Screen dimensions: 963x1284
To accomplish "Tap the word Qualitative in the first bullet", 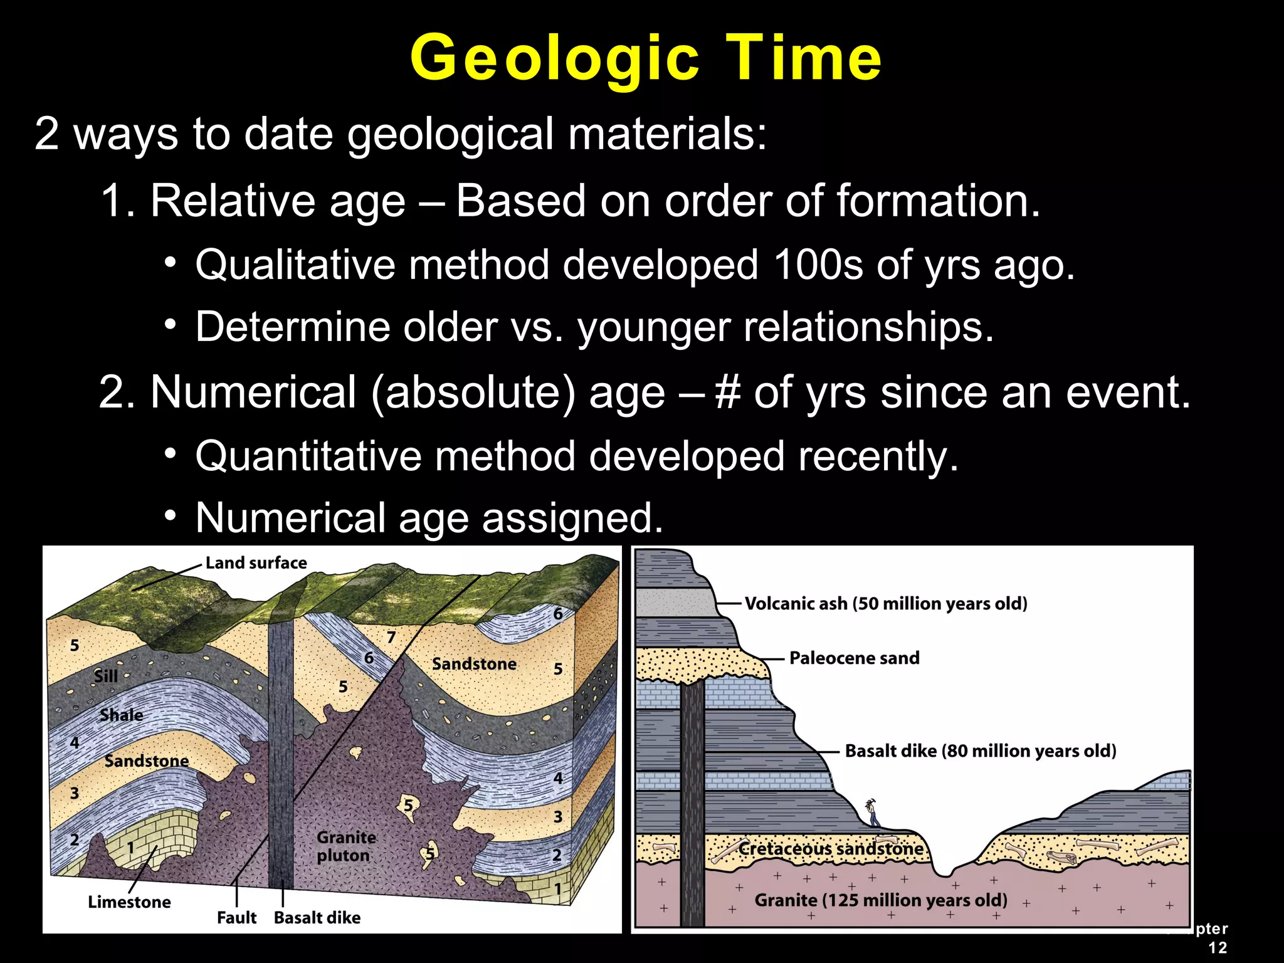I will point(295,265).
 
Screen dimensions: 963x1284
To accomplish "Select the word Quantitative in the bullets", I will point(308,456).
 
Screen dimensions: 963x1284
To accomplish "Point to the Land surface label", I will point(256,563).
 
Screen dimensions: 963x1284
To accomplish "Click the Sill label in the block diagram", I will point(105,676).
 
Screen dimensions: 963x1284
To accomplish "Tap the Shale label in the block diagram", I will point(121,715).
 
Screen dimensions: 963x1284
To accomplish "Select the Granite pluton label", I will point(345,846).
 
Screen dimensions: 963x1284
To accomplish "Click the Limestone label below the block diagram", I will point(129,902).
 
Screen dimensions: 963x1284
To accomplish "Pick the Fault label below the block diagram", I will point(236,918).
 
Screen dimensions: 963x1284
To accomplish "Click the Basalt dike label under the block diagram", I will point(317,918).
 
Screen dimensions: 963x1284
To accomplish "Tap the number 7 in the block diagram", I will point(391,638).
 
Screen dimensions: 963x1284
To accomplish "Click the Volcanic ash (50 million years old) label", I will point(886,604).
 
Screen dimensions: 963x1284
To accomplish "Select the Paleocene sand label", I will point(854,658).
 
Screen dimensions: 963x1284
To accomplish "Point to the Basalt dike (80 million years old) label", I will point(981,751).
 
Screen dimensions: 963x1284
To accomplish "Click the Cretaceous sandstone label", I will point(831,849).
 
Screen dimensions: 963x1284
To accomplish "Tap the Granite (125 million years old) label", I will point(881,900).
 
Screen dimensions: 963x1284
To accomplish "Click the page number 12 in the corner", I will point(1218,947).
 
